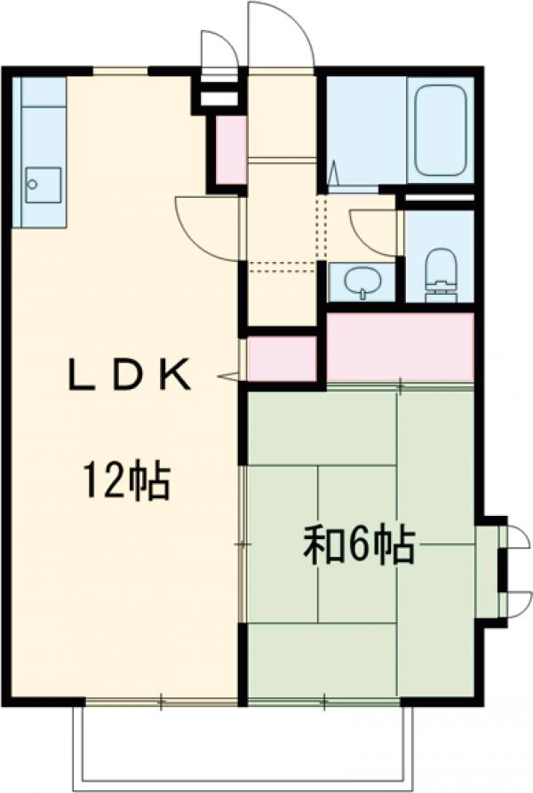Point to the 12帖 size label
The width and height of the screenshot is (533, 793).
[126, 480]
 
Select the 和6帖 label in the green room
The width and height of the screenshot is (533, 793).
[359, 544]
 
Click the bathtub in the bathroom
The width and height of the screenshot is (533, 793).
[442, 131]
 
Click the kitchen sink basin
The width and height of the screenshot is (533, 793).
[44, 185]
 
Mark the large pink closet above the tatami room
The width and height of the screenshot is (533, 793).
[400, 346]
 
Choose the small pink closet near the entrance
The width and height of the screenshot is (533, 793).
[231, 149]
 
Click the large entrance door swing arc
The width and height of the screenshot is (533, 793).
[280, 36]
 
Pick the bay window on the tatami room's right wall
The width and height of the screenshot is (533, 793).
[494, 571]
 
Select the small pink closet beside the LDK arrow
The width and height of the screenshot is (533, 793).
[282, 359]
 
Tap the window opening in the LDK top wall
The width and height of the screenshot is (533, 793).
[120, 70]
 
